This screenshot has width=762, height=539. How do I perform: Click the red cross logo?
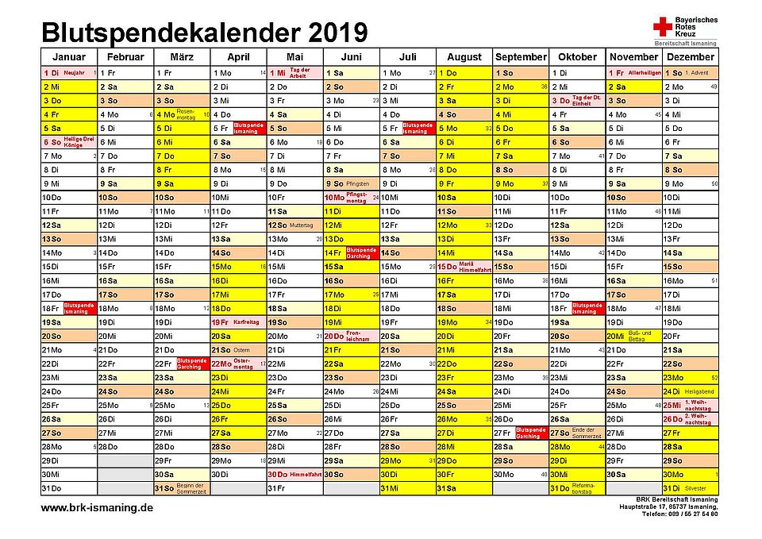(x=661, y=29)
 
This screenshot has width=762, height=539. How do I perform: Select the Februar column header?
(x=125, y=57)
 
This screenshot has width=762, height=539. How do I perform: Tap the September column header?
(x=521, y=57)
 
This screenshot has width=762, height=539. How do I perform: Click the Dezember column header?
(x=691, y=57)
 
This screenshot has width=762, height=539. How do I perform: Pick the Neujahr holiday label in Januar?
(x=74, y=73)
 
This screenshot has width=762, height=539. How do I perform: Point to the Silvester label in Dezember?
(x=695, y=488)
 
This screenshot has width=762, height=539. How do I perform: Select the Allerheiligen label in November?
(x=644, y=73)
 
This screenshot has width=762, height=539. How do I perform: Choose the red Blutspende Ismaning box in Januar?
(x=79, y=308)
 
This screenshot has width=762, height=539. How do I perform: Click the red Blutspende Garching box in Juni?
(x=361, y=253)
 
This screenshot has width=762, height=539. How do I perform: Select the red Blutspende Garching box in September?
(x=531, y=433)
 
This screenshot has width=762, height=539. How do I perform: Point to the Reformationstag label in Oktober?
(x=587, y=488)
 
